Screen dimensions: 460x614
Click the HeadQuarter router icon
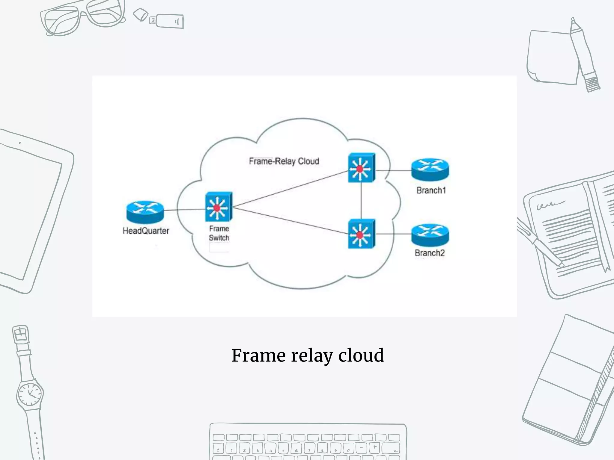coord(145,211)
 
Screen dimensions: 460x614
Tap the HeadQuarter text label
coord(146,231)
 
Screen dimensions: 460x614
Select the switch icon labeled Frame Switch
coord(219,207)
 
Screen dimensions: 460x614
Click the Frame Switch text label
coord(219,233)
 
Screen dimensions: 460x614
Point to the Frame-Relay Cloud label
coord(284,161)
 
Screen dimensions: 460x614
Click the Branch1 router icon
coord(430,170)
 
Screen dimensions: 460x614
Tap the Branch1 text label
coord(431,190)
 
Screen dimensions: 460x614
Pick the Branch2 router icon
coord(430,235)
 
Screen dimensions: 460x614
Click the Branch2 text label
coord(430,253)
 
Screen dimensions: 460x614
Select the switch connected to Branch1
coord(361,168)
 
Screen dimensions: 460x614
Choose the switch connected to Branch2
coord(361,234)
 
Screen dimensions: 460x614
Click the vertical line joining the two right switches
coord(362,201)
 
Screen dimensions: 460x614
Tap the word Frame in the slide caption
coord(258,355)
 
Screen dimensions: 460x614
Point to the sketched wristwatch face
coord(30,393)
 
